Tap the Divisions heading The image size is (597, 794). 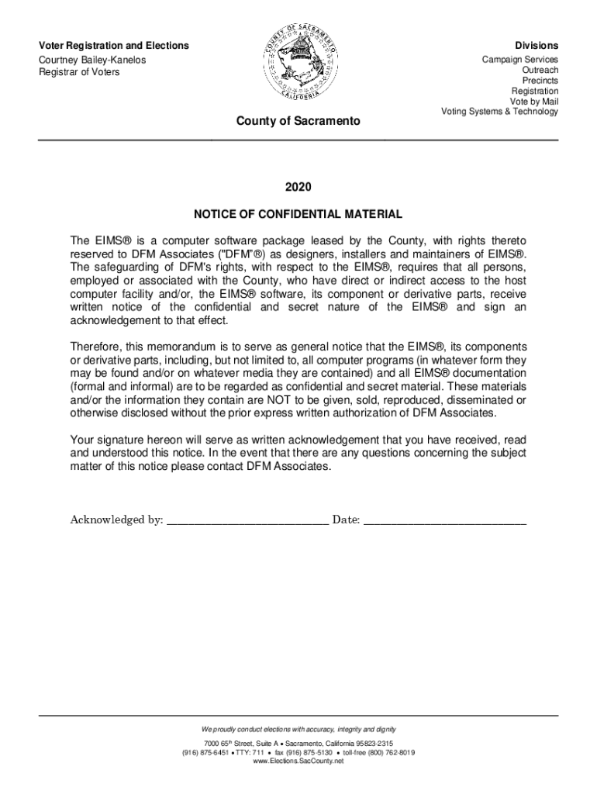540,47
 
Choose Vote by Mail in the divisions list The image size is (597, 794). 533,102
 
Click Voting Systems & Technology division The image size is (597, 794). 499,112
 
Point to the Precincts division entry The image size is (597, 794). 540,81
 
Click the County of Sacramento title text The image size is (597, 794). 298,122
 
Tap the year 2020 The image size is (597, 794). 298,187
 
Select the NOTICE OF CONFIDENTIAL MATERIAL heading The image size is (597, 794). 298,213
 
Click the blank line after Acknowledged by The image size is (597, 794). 247,520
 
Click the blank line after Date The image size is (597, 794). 445,520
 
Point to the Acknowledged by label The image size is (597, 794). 116,520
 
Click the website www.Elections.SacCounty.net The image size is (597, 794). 298,761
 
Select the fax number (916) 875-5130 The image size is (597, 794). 309,752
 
